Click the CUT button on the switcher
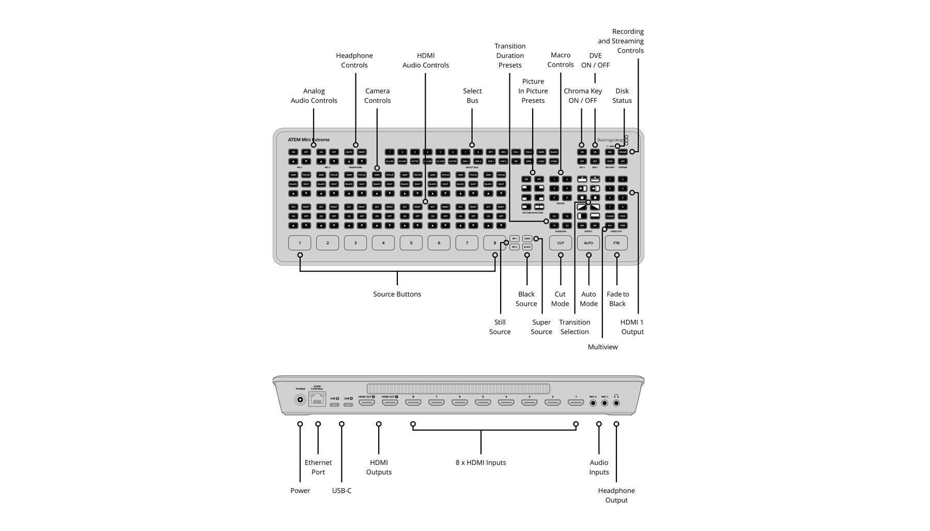(561, 243)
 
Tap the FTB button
(616, 243)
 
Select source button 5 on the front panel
(411, 243)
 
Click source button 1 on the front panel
(300, 243)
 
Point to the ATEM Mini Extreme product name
(308, 140)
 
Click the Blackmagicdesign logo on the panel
(610, 140)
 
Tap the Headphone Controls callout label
(354, 60)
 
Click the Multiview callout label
(602, 347)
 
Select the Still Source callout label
(500, 327)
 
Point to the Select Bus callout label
(472, 95)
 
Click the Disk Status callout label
(622, 95)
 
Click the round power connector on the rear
(300, 399)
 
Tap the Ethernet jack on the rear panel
(317, 399)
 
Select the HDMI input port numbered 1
(576, 401)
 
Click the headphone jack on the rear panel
(616, 402)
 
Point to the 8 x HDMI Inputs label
(481, 462)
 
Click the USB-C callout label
(342, 490)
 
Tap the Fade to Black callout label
(617, 299)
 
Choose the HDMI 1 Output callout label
(632, 327)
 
